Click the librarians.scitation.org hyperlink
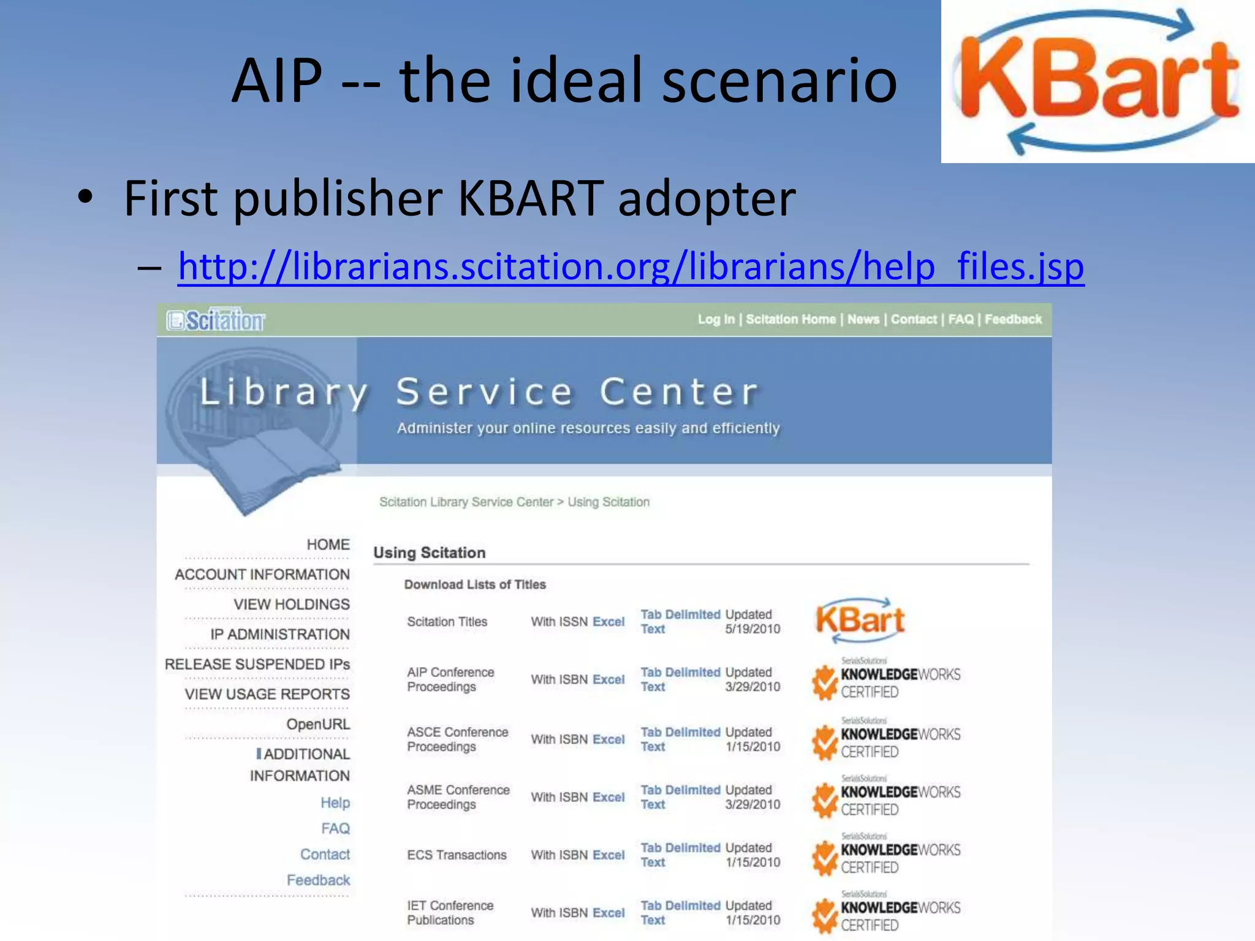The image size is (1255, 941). pyautogui.click(x=631, y=266)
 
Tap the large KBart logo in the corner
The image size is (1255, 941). pyautogui.click(x=1098, y=81)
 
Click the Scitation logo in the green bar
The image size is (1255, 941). pyautogui.click(x=216, y=320)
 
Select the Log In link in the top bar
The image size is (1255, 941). pyautogui.click(x=716, y=319)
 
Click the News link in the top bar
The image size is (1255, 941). pyautogui.click(x=863, y=319)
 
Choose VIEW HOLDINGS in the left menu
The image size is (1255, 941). pyautogui.click(x=292, y=605)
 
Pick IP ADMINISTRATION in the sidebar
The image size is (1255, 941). pyautogui.click(x=280, y=635)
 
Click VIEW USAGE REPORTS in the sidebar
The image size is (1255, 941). pyautogui.click(x=267, y=694)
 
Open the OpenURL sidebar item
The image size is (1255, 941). pyautogui.click(x=318, y=724)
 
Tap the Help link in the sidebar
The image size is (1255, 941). pyautogui.click(x=335, y=803)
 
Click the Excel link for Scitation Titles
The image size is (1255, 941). pyautogui.click(x=609, y=622)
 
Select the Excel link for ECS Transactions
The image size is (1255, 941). pyautogui.click(x=609, y=855)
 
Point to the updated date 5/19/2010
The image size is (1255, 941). pyautogui.click(x=753, y=629)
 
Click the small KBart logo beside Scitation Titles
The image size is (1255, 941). pyautogui.click(x=860, y=620)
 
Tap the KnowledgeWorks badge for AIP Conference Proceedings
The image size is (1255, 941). pyautogui.click(x=886, y=680)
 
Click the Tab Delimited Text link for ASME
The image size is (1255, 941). pyautogui.click(x=680, y=797)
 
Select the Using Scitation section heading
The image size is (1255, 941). pyautogui.click(x=430, y=553)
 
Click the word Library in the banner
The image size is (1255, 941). pyautogui.click(x=284, y=392)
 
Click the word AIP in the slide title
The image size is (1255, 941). pyautogui.click(x=277, y=80)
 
